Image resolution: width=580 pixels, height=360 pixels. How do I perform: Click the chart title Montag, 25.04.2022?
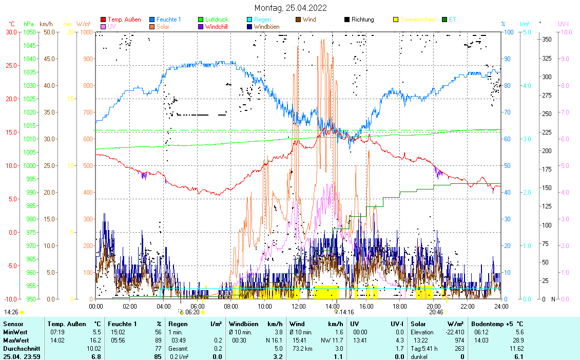pos(291,8)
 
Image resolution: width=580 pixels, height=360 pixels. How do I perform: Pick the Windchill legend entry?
pos(218,26)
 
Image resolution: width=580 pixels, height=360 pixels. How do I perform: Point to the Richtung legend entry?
pos(362,20)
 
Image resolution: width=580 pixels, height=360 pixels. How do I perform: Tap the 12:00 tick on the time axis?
pos(298,306)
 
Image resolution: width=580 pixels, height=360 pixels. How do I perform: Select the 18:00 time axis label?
pos(400,306)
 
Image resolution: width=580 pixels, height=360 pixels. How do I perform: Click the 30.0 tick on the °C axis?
pos(11,32)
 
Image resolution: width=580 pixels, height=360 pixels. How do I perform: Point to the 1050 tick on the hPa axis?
pos(29,32)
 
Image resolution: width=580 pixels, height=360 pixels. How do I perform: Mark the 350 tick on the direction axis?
pos(547,39)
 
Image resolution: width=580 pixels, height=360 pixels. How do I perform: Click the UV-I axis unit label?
pos(563,24)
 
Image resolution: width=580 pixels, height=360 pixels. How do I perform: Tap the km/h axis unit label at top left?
pos(46,24)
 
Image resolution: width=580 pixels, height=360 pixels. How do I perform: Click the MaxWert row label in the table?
pos(16,340)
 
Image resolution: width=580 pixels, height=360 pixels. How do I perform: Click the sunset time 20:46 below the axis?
pos(436,312)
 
